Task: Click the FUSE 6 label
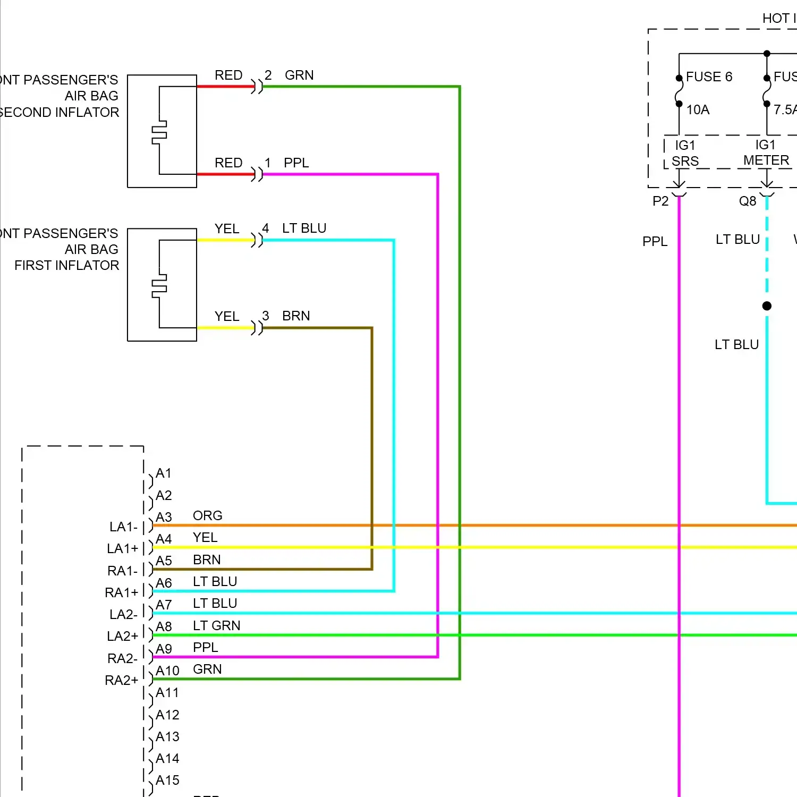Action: [709, 77]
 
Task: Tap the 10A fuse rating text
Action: [698, 110]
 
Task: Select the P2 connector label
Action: [660, 201]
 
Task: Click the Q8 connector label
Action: [747, 201]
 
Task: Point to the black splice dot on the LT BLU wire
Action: [767, 306]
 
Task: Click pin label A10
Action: [167, 671]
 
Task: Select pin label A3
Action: [164, 518]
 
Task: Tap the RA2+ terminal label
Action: [122, 681]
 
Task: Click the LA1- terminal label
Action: [124, 527]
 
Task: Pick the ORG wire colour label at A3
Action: [207, 516]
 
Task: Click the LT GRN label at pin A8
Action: [216, 626]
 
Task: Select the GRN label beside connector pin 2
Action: [299, 75]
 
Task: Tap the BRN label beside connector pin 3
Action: [296, 316]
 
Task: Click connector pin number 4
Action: [266, 228]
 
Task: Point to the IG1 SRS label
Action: [685, 153]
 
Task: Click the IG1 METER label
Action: [766, 152]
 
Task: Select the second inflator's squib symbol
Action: [159, 132]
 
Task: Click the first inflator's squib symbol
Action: [159, 286]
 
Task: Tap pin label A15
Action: [167, 781]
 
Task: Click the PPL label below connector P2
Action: [655, 242]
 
